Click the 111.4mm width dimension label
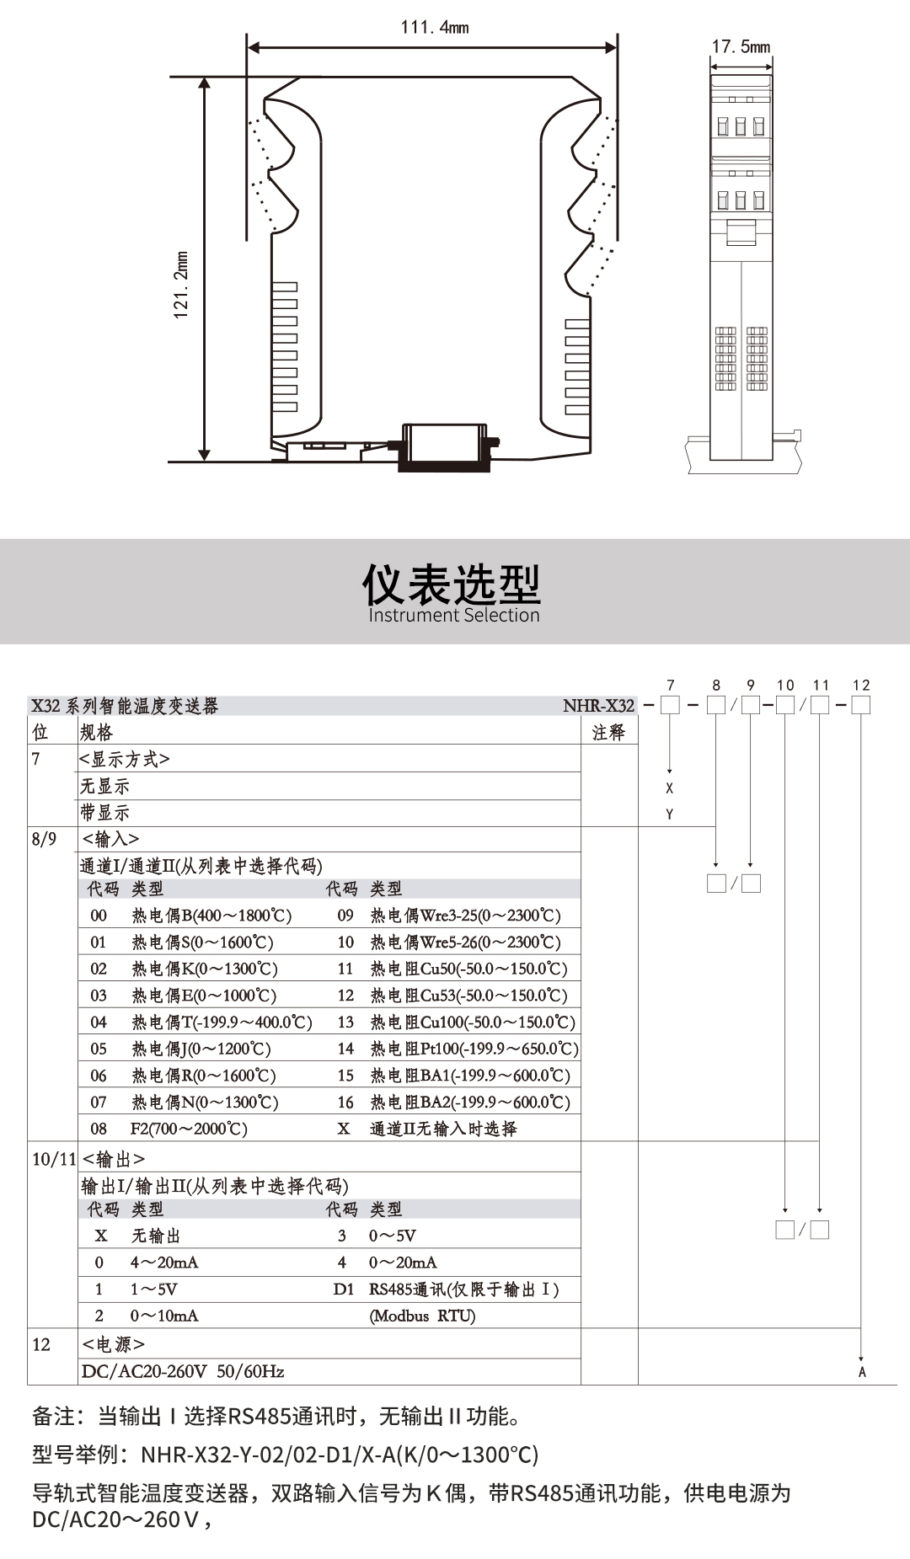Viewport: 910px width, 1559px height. click(435, 27)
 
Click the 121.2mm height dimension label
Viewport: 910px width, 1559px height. click(181, 286)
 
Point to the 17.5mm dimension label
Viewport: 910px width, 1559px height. click(741, 46)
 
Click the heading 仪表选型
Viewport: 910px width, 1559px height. click(452, 583)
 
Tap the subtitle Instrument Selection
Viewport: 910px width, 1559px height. click(453, 616)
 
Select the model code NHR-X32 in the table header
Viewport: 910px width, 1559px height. click(599, 706)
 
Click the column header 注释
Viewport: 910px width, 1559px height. click(608, 733)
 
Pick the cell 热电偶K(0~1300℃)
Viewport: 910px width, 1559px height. click(205, 969)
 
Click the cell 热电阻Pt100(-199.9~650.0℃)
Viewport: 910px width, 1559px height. click(474, 1049)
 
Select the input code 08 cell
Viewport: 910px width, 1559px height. click(99, 1129)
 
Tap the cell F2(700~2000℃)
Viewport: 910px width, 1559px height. click(189, 1129)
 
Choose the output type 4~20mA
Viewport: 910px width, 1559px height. click(164, 1263)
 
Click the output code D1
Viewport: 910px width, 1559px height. click(343, 1289)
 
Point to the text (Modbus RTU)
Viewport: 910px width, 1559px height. click(422, 1316)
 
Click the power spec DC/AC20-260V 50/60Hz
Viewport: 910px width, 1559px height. click(183, 1371)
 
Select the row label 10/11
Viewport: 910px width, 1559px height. click(54, 1160)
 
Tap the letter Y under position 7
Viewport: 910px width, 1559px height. click(670, 814)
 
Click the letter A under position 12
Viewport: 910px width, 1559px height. click(862, 1373)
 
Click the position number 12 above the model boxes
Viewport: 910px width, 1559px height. click(860, 686)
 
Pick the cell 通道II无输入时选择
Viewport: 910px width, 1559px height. click(443, 1129)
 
